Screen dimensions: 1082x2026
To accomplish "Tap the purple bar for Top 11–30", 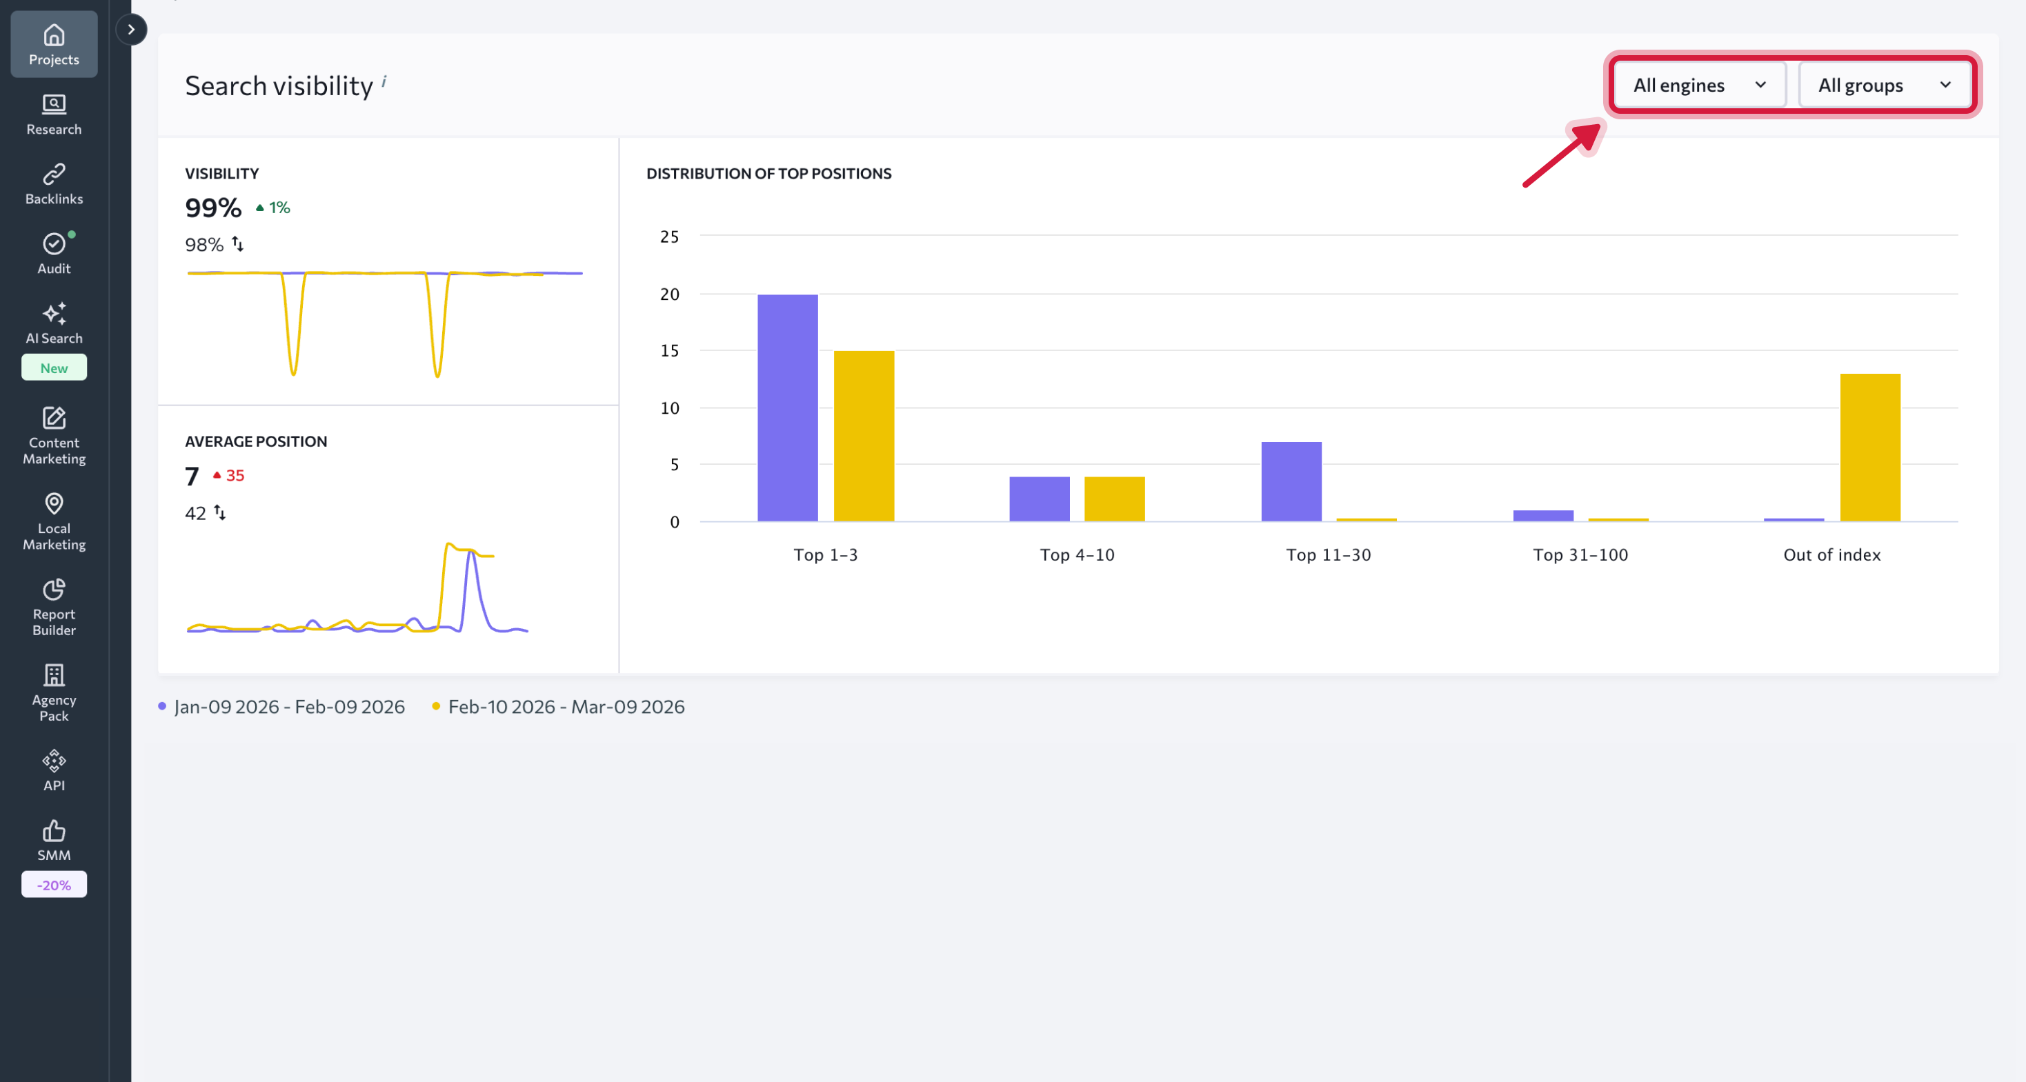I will tap(1291, 481).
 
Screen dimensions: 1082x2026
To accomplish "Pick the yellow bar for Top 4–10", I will tap(1113, 499).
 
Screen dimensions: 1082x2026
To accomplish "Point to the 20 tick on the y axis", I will tap(669, 294).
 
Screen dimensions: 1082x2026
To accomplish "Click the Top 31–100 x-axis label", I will tap(1580, 555).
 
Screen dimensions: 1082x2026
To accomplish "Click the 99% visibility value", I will tap(213, 208).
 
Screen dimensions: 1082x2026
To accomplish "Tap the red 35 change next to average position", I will tap(234, 476).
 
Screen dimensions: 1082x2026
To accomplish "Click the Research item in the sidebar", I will tap(54, 114).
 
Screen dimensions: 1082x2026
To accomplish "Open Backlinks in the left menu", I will tap(54, 184).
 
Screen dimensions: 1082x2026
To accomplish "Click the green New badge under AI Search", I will tap(54, 368).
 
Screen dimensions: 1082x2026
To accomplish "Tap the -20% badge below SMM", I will tap(54, 885).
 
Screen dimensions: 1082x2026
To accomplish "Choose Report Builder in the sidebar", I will tap(54, 607).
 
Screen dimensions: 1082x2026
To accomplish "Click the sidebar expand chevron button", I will tap(131, 30).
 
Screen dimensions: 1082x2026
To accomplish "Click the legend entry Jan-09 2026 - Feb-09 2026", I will tap(288, 707).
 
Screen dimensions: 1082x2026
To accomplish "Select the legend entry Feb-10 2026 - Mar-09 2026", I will tap(566, 707).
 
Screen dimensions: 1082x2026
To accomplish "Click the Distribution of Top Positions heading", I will tap(768, 174).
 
